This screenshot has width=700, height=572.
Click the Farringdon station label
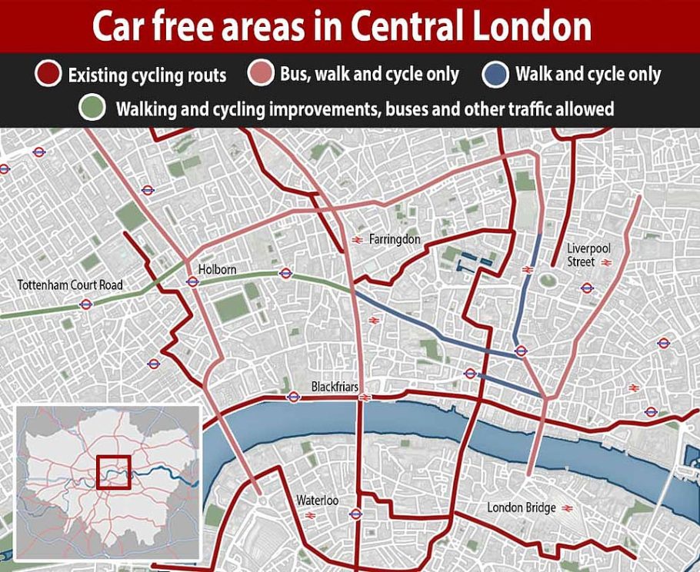[x=395, y=239]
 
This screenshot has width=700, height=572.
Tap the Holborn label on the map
[x=217, y=270]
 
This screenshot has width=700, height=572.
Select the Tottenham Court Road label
[x=70, y=285]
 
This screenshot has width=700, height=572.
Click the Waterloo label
[x=318, y=500]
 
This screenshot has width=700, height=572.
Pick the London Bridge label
[x=522, y=507]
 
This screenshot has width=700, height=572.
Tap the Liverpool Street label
[x=588, y=255]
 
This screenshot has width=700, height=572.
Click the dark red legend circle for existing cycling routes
[x=47, y=75]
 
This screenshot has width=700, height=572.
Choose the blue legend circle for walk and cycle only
[x=495, y=74]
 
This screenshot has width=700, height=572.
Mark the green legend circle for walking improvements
[x=93, y=108]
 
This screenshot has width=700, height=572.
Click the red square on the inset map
[x=114, y=472]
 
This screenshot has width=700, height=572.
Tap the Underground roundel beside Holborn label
[x=192, y=282]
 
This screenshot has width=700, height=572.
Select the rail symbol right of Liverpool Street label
[x=607, y=262]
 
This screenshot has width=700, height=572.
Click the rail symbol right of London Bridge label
[x=568, y=508]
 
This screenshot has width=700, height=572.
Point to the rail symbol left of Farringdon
[x=357, y=240]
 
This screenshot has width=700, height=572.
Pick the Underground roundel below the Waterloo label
[x=355, y=514]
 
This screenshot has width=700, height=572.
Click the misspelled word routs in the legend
[x=205, y=75]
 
